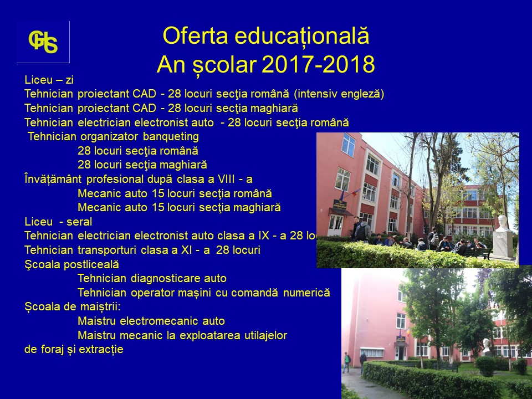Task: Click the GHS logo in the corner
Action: pyautogui.click(x=43, y=42)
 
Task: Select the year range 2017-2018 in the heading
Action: pyautogui.click(x=318, y=64)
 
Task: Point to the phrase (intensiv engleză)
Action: pyautogui.click(x=339, y=94)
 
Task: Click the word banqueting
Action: pyautogui.click(x=171, y=137)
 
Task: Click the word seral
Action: pyautogui.click(x=79, y=222)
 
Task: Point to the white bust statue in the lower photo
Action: pyautogui.click(x=486, y=345)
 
